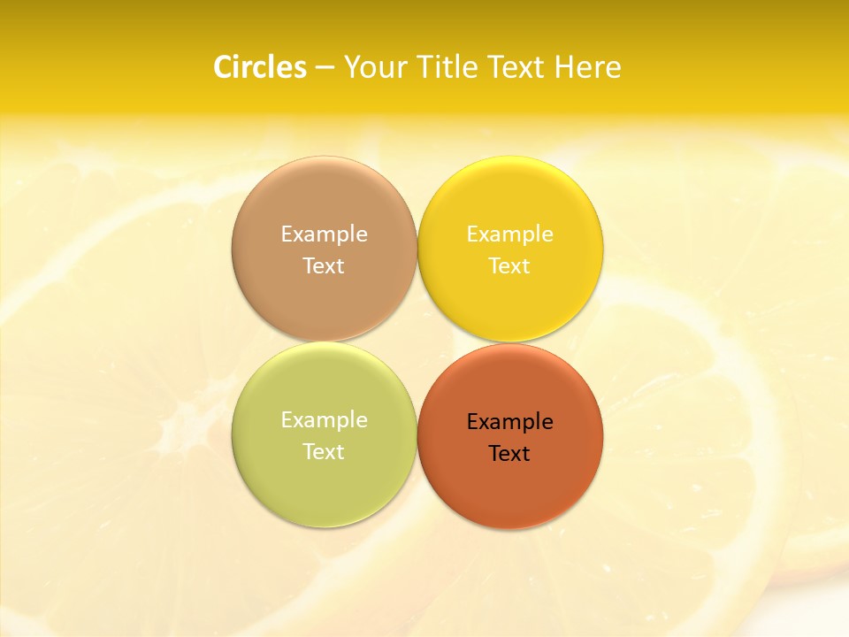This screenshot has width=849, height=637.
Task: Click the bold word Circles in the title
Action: click(x=260, y=67)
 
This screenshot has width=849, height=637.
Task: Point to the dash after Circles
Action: click(x=325, y=68)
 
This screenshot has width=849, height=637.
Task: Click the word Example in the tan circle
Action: click(x=324, y=234)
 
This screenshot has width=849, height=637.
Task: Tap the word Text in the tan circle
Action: click(x=324, y=265)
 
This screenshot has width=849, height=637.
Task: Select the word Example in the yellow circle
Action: click(x=509, y=234)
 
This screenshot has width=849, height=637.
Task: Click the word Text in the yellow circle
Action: click(x=509, y=265)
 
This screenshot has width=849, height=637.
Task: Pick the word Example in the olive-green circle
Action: click(x=324, y=419)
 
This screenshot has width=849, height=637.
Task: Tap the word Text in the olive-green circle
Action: click(x=324, y=451)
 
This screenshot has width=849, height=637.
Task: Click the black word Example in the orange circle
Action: click(x=509, y=421)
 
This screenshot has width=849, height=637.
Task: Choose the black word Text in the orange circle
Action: click(x=509, y=453)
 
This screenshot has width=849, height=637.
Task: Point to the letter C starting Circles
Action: click(x=223, y=67)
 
